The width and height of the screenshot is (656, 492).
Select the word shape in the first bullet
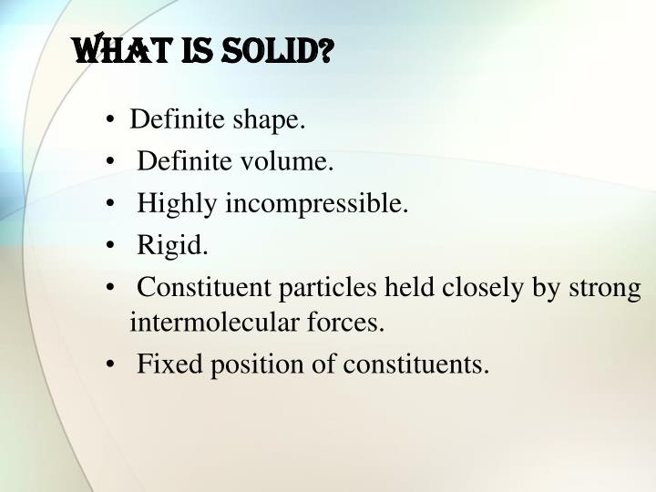tap(273, 120)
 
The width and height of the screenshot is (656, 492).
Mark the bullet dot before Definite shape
tap(110, 121)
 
